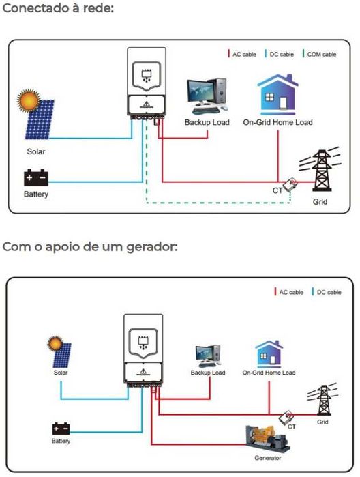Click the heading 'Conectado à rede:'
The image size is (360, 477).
58,9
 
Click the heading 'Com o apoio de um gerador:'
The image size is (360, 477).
90,246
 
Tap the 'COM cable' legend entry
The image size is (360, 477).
320,54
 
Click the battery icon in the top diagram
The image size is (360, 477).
36,179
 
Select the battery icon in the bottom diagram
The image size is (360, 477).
61,429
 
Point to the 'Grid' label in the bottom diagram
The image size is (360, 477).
322,422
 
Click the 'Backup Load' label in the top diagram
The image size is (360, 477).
207,122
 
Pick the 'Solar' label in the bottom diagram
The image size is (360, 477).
61,373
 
